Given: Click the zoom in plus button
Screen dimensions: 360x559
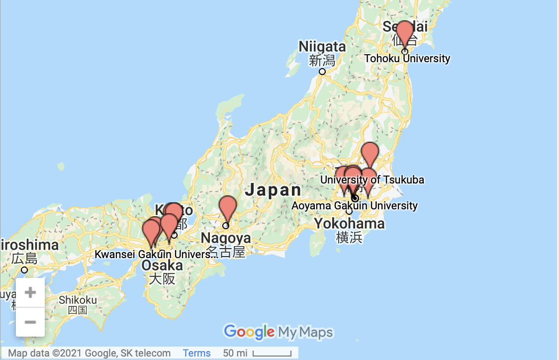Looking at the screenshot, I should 30,292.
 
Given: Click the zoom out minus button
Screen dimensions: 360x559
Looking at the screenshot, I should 30,322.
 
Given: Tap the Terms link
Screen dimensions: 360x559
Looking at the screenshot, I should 196,353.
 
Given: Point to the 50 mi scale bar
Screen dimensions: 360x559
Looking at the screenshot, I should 272,354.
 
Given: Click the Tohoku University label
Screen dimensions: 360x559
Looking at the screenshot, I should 407,59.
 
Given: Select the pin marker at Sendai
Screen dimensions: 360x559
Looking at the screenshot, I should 405,33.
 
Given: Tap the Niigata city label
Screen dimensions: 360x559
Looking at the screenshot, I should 322,47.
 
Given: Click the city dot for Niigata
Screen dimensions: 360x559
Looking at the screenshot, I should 322,72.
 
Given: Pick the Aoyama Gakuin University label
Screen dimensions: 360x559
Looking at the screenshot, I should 355,205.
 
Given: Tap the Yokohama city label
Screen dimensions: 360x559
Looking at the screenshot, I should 349,224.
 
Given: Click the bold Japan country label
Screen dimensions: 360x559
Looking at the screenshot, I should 274,190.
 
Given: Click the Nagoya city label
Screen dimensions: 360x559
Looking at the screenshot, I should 225,238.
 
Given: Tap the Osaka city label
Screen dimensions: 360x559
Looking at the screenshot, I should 162,266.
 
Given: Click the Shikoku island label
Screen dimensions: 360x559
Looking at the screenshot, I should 78,300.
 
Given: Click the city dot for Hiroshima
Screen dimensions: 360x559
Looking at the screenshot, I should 24,270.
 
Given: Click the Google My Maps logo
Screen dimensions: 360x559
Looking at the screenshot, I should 278,332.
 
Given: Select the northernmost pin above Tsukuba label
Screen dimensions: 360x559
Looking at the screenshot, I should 370,153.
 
